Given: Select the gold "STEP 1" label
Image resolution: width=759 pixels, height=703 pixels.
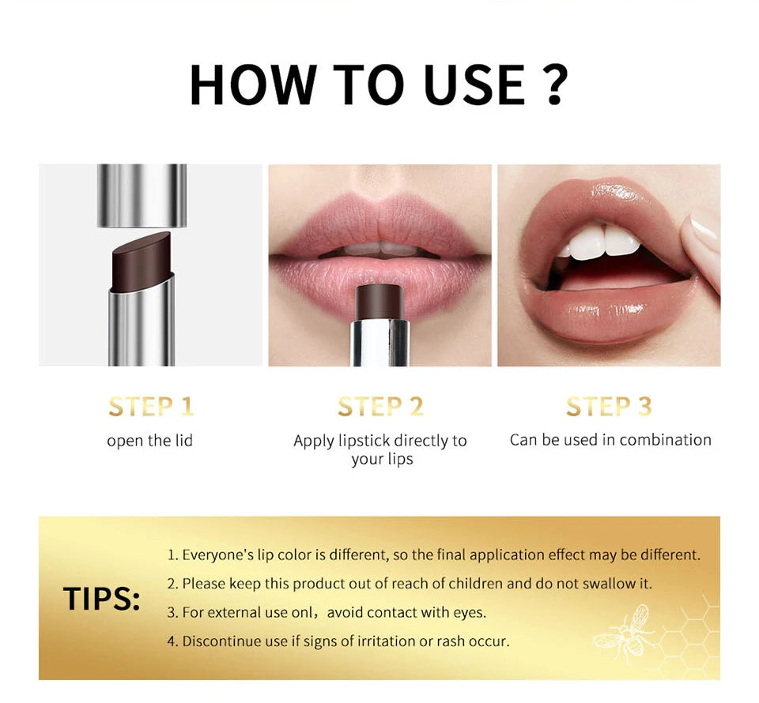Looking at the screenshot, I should coord(150,407).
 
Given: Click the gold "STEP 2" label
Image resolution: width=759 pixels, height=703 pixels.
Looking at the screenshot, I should coord(380,407).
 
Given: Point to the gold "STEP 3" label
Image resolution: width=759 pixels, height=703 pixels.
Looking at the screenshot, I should coord(609,407).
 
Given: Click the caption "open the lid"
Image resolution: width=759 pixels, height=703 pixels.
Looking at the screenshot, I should coord(150,441).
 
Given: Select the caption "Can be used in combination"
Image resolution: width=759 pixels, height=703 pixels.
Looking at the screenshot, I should coord(610,440).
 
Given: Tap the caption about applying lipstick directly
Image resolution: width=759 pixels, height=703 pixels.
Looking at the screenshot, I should coord(380,449).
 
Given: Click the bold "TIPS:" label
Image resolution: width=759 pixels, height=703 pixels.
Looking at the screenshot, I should coord(101,599).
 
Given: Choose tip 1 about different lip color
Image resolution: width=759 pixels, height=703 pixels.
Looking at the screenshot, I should coord(433,555).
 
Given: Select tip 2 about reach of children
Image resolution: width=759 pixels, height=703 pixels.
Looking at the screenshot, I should coord(410,584).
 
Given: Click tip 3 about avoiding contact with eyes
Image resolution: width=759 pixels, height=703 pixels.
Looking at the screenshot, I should coord(326,612).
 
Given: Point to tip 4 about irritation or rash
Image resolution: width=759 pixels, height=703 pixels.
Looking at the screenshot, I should coord(338,641).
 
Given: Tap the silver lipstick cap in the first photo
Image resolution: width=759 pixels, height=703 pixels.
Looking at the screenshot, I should coord(142,194).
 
